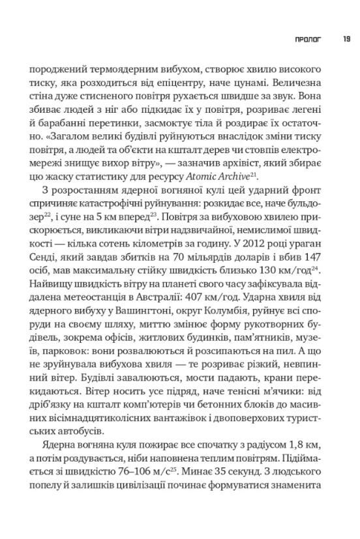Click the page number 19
click(346, 39)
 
